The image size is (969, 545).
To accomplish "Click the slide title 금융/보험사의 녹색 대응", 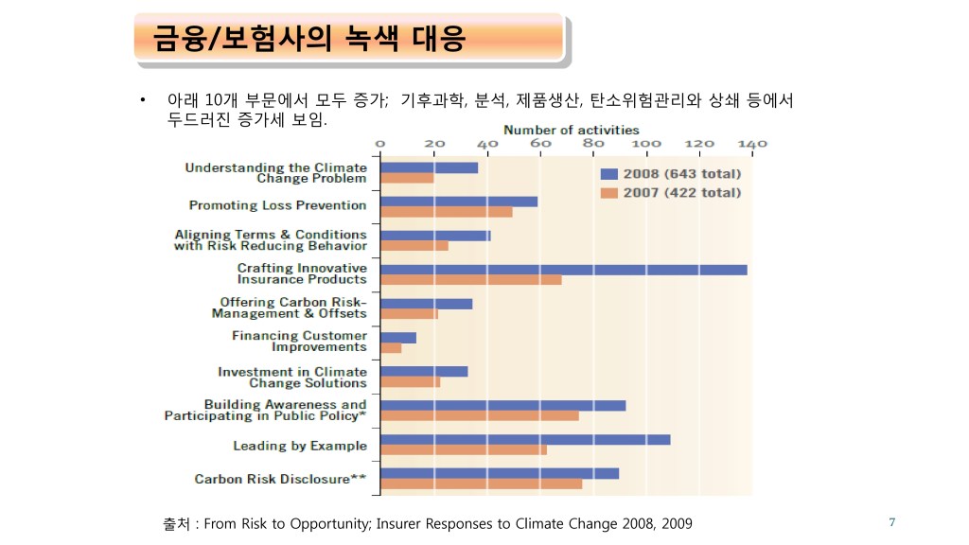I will coord(310,39).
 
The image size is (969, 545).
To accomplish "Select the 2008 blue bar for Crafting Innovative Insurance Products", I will coord(563,270).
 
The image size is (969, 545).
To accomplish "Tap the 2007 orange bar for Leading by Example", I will coord(463,449).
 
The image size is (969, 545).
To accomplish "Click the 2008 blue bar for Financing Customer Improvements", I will coord(397,337).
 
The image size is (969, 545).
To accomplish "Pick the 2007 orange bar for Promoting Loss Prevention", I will coord(446,211).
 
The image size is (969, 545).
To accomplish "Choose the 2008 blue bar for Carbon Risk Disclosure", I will coord(499,473).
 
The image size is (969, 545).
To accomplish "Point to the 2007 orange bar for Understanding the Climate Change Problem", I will coord(407,178).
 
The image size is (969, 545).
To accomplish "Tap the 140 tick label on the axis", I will coord(752,144).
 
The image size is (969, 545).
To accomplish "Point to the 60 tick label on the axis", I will coord(540,144).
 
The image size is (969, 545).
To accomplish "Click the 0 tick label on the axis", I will coord(380,144).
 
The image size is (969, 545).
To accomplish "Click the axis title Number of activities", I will coord(571,130).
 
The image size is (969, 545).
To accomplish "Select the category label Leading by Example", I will coord(300,446).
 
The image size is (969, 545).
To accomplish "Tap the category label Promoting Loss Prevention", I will coord(277,205).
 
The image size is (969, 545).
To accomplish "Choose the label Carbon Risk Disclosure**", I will coord(280,479).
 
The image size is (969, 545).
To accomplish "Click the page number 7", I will coord(891,522).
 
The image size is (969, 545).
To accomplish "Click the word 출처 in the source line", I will coord(176,523).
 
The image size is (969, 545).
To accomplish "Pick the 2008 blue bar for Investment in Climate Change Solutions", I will coord(424,371).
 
